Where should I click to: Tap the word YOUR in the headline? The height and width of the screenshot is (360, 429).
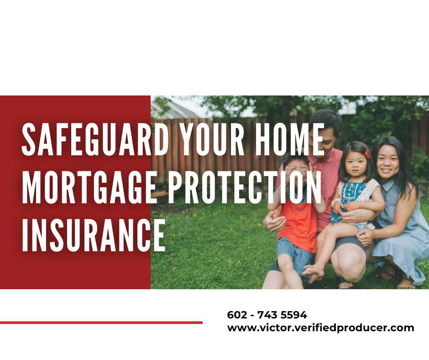click(212, 139)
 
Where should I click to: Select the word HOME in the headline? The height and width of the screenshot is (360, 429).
click(289, 139)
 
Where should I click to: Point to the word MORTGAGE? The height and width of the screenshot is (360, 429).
click(89, 187)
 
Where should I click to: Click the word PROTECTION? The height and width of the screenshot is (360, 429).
click(245, 187)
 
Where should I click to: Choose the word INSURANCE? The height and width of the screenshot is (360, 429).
click(94, 235)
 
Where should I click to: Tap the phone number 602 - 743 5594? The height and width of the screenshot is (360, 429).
click(267, 315)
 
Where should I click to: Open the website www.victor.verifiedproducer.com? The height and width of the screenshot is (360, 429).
click(320, 328)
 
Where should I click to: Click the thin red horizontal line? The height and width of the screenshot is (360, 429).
click(101, 323)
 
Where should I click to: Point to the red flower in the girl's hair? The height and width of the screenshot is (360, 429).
click(367, 154)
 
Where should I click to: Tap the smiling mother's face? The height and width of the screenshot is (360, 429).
click(387, 161)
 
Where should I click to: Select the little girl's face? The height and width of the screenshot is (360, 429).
click(356, 163)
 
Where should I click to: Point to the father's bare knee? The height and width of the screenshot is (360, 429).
click(349, 265)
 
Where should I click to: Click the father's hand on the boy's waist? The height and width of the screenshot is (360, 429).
click(275, 222)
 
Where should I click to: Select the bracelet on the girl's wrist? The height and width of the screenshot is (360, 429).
click(335, 203)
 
